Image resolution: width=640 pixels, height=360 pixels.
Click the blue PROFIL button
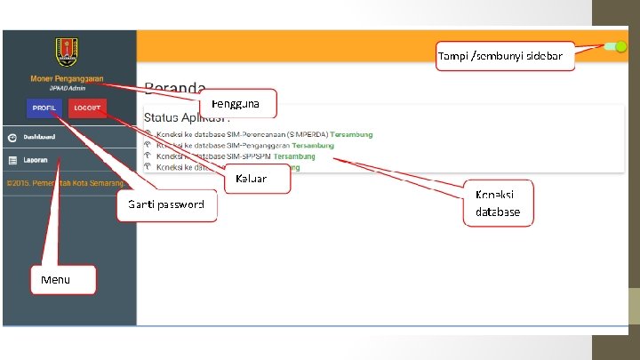44,108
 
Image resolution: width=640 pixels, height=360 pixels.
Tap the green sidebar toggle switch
614,47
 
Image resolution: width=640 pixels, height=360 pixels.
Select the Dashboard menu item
39,138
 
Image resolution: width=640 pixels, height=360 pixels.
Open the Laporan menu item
36,161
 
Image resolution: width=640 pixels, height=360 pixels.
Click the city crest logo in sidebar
68,51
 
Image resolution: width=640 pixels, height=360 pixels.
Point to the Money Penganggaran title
67,78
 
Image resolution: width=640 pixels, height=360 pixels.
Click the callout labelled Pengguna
236,104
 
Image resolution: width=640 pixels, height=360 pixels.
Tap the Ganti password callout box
167,205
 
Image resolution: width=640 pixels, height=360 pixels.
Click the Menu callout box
62,281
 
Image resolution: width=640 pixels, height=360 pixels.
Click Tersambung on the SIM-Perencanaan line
351,134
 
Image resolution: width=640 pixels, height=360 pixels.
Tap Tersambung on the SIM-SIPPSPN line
300,156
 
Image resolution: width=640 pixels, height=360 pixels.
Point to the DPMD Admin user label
68,89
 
